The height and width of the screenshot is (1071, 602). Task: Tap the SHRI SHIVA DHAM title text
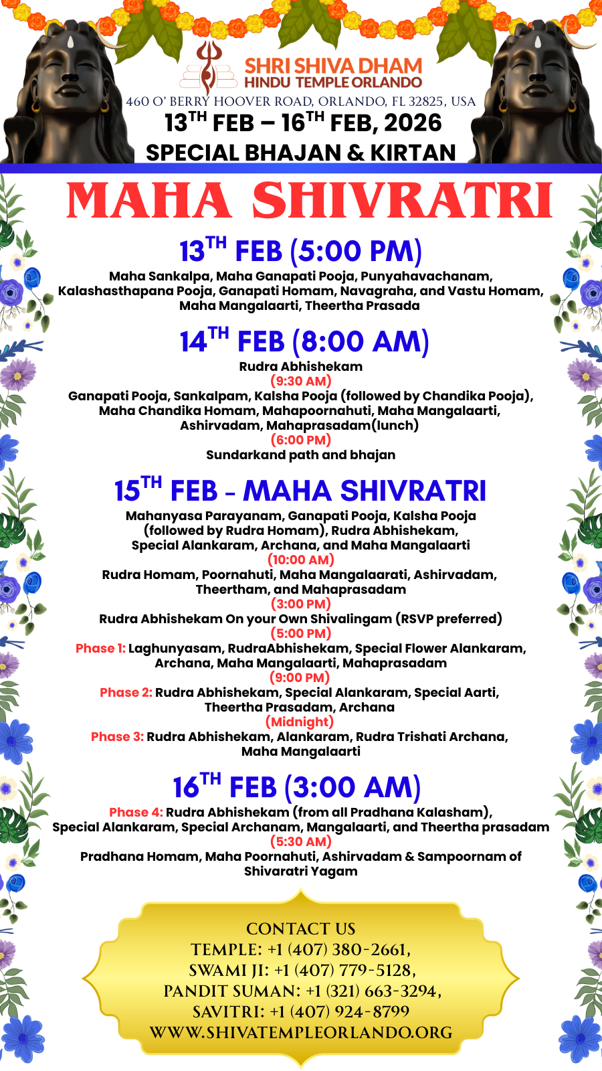333,66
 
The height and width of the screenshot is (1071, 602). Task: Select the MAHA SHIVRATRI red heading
310,201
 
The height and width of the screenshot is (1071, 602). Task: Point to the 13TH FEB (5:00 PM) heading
300,252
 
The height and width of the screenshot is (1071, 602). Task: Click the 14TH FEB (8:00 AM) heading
304,341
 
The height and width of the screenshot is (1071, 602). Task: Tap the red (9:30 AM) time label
301,382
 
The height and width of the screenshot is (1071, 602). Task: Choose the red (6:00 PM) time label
301,440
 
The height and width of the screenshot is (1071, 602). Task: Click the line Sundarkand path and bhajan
300,455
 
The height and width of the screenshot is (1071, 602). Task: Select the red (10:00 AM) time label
301,560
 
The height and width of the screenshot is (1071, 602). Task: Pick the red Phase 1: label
100,649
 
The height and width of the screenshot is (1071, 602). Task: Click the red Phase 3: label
117,737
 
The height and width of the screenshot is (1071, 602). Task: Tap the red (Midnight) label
300,722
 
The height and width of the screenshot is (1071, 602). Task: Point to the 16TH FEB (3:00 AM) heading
297,787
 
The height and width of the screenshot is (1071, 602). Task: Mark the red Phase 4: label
136,813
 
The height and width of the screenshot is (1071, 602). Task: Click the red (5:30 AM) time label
301,842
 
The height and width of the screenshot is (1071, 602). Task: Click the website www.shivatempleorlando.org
301,1033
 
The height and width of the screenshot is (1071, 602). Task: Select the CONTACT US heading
301,929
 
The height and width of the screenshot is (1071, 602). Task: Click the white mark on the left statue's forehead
71,42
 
